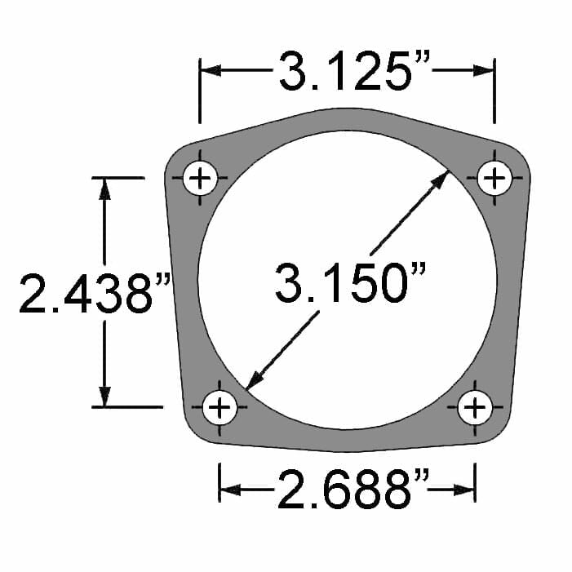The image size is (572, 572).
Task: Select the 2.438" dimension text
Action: click(x=94, y=293)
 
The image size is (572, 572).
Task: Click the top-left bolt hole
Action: click(x=201, y=178)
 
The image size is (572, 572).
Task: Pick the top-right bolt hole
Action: click(x=494, y=178)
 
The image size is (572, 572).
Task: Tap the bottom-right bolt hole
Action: click(x=474, y=406)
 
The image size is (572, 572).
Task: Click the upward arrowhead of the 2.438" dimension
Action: click(x=104, y=188)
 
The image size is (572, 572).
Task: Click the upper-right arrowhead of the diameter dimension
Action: click(x=441, y=179)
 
